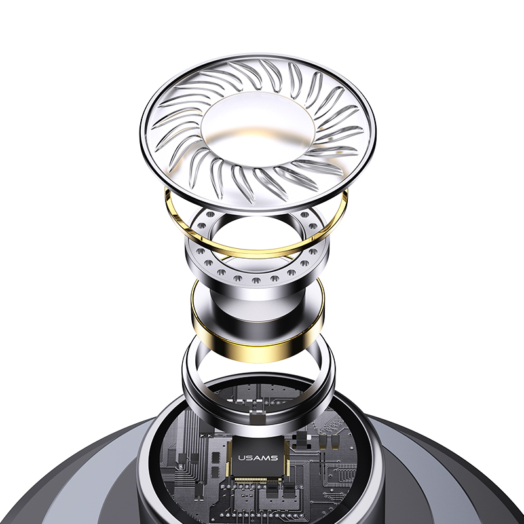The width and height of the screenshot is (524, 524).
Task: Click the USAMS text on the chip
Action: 257,457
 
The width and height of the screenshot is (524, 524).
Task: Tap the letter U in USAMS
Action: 242,457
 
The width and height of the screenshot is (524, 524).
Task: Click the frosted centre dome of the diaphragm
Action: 257,128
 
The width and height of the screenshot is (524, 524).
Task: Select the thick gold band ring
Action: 257,352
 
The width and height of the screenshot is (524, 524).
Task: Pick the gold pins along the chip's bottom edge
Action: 257,479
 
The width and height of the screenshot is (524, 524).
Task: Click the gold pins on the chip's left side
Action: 229,458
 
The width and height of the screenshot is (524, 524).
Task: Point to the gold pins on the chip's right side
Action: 286,457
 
